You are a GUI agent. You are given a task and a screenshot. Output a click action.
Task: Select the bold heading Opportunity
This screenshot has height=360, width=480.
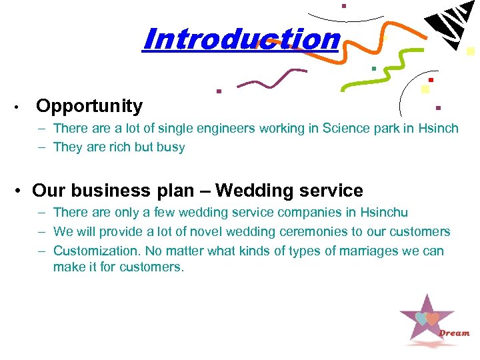point(89,106)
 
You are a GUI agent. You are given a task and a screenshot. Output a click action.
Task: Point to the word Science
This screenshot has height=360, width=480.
point(347,128)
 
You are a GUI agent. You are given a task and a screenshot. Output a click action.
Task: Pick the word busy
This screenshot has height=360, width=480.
point(170,147)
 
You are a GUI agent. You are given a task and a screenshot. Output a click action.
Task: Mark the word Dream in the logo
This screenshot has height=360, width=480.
point(454,333)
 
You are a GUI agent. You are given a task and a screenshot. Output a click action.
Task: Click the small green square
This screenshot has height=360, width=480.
point(374,68)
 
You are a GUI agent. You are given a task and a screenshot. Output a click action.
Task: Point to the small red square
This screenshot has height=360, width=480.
point(431,80)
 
